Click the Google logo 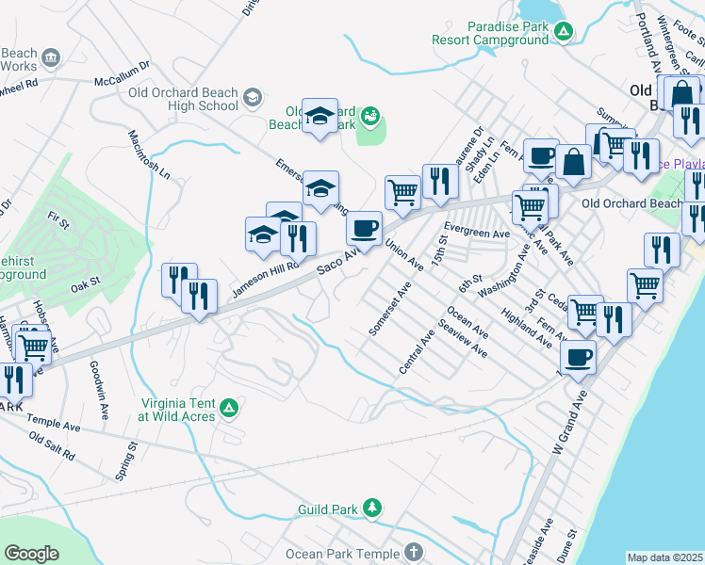point(32,554)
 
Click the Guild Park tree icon point(373,509)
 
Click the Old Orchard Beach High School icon point(252,98)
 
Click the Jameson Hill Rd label point(265,280)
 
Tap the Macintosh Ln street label point(149,153)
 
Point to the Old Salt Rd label point(52,445)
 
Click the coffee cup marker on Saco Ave point(364,228)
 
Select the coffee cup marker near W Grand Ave point(578,357)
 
